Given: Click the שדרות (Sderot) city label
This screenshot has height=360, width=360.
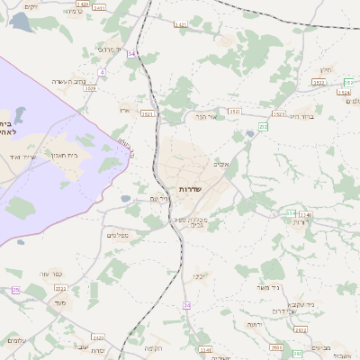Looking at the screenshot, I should click(x=191, y=189).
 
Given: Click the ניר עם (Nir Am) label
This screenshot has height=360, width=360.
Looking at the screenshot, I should click(x=159, y=198).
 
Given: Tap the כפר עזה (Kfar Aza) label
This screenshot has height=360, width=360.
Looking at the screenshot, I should click(x=50, y=274).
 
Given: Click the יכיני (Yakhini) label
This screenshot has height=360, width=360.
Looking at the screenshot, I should click(x=201, y=277).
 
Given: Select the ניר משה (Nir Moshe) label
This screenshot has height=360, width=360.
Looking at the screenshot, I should click(x=270, y=287).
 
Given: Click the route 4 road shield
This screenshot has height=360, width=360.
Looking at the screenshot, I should click(x=103, y=72).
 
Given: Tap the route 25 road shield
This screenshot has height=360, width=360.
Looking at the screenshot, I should click(x=15, y=290).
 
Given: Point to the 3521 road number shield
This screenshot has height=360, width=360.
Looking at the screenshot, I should click(x=148, y=114).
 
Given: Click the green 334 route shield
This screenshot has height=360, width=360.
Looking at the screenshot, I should click(x=292, y=213).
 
